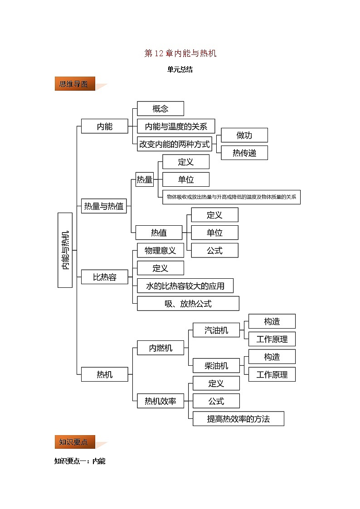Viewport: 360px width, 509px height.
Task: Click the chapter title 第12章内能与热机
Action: click(180, 53)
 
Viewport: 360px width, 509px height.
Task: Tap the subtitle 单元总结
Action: click(180, 69)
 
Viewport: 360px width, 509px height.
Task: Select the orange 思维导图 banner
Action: click(75, 84)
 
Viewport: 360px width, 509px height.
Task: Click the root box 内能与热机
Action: click(65, 250)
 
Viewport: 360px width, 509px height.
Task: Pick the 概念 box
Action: click(161, 109)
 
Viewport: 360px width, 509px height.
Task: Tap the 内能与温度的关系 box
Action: click(176, 126)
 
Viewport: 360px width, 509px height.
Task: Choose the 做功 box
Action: click(244, 135)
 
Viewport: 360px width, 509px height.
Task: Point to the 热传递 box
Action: click(244, 153)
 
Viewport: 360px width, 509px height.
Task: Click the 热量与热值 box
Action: click(104, 206)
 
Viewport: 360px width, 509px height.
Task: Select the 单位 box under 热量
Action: click(186, 179)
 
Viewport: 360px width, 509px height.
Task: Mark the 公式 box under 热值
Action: click(214, 250)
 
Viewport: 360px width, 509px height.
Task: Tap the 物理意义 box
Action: click(161, 250)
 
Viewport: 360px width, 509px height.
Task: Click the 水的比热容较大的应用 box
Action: click(185, 286)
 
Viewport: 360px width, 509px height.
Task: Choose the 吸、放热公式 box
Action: click(188, 304)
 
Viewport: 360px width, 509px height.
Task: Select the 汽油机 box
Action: click(216, 330)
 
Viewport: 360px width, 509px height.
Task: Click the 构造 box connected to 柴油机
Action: click(272, 357)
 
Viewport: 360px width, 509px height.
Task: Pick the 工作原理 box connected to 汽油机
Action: click(272, 339)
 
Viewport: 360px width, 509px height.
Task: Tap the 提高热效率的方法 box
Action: click(238, 419)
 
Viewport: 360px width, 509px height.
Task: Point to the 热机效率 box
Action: click(161, 401)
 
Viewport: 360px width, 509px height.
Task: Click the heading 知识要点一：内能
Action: click(80, 461)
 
